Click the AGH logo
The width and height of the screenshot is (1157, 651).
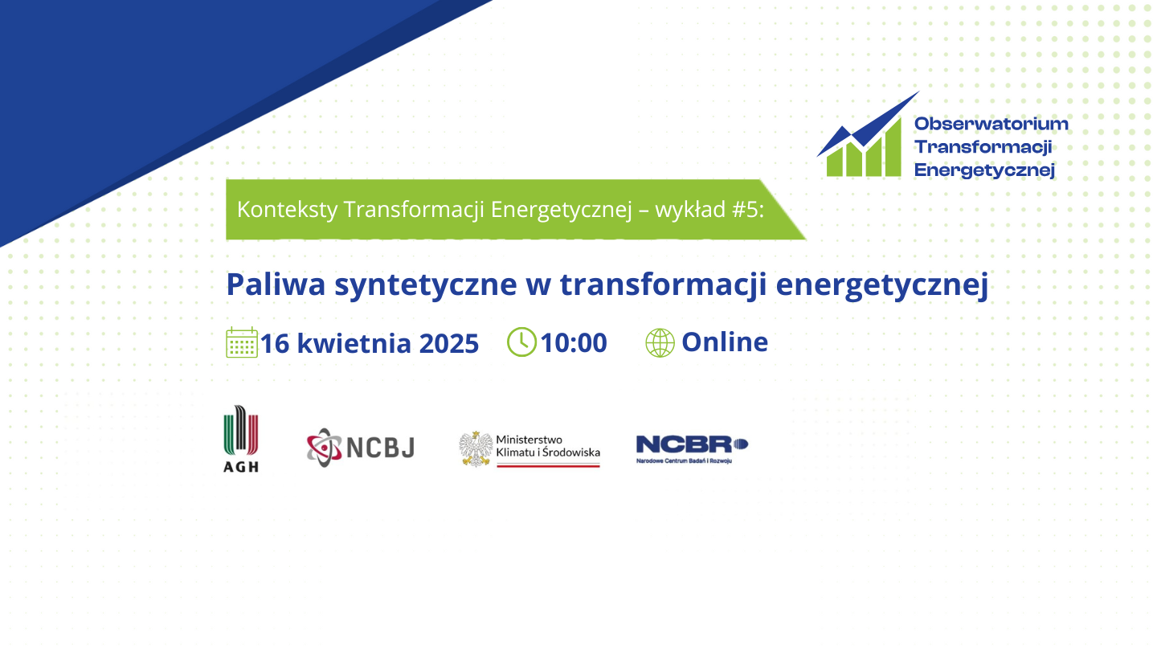(241, 438)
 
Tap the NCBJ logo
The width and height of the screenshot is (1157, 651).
(361, 448)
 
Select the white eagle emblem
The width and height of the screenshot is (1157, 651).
(476, 448)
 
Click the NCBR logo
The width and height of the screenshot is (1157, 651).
(692, 449)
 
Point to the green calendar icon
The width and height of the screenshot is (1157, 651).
(242, 342)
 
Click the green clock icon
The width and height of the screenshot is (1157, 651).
(521, 342)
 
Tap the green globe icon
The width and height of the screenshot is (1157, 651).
(660, 342)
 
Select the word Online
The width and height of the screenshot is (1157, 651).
(725, 342)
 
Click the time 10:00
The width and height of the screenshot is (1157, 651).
(574, 342)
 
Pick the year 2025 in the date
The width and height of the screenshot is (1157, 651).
(449, 344)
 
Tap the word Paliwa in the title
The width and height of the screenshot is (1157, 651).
(276, 285)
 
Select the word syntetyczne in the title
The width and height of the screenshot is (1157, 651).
(426, 285)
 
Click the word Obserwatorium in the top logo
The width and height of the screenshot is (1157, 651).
(991, 124)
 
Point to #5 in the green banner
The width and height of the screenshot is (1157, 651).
(748, 209)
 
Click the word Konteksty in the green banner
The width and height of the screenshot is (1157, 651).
(287, 209)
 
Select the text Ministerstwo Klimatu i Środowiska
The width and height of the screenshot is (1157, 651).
(548, 446)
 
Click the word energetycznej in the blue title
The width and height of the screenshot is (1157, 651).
(881, 285)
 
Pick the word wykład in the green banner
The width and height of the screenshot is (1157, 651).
(690, 209)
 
